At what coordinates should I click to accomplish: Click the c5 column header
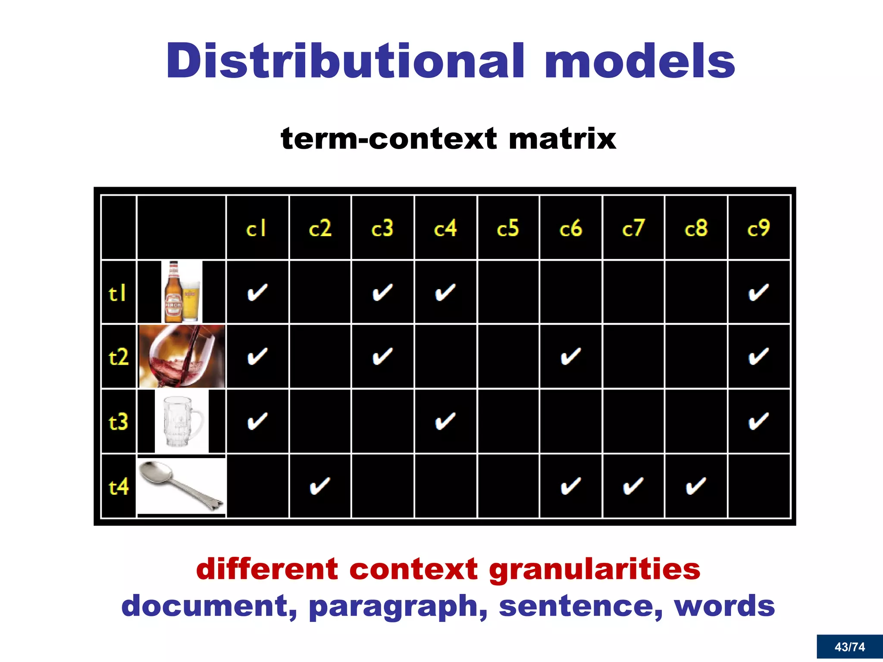(508, 228)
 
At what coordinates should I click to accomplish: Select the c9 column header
(758, 228)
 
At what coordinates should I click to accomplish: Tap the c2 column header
(320, 228)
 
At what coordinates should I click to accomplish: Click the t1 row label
(117, 294)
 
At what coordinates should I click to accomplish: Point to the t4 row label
(119, 487)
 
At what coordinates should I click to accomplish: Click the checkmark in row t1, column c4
(445, 293)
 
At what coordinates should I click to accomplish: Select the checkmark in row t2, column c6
(570, 357)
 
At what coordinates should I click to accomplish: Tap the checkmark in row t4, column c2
(320, 487)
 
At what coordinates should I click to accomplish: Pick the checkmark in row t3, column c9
(758, 422)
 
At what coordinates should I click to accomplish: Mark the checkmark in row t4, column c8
(695, 487)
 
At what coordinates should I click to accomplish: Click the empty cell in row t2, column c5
(508, 357)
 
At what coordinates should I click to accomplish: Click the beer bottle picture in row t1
(173, 292)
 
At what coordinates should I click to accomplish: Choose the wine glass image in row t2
(182, 357)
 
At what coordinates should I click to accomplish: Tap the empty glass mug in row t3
(182, 422)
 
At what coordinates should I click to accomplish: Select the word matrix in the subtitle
(562, 139)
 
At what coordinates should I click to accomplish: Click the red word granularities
(595, 569)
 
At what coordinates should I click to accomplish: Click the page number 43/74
(849, 647)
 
